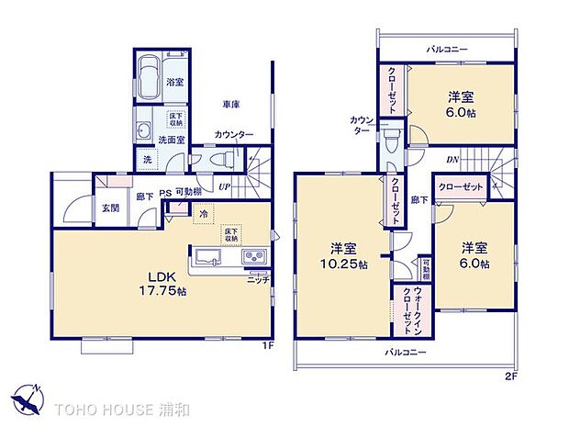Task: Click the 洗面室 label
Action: (172, 140)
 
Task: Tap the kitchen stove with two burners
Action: (253, 256)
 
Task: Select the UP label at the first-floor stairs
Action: (224, 187)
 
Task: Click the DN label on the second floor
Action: (453, 160)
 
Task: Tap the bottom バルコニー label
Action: (405, 351)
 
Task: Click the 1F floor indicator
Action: (268, 344)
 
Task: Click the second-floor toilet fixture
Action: (393, 139)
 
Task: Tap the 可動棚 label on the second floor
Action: (426, 270)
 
